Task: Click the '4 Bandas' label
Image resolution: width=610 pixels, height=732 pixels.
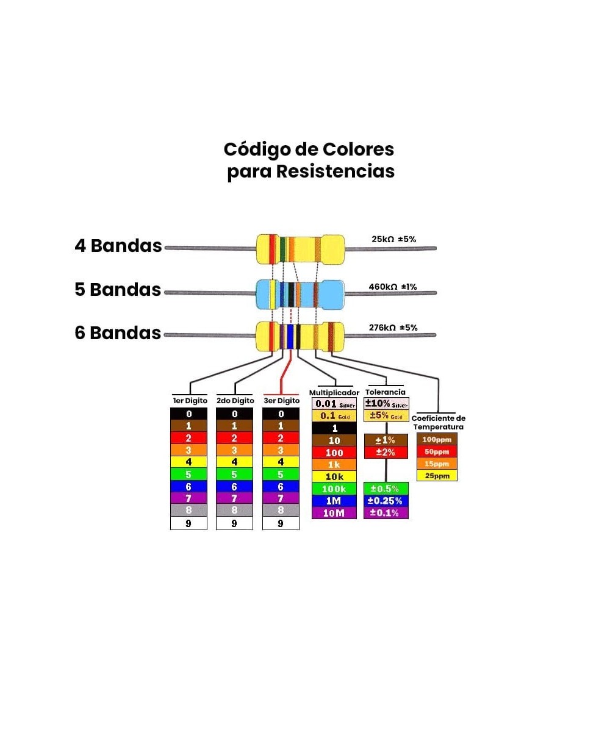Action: click(118, 246)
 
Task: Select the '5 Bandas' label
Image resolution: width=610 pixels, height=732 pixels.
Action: click(118, 290)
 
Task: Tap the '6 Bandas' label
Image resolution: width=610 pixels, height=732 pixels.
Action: click(118, 333)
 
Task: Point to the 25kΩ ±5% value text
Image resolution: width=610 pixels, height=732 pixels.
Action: click(393, 239)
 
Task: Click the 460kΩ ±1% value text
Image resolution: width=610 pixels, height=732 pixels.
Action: click(393, 286)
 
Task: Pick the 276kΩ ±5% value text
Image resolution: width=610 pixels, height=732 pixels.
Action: click(393, 328)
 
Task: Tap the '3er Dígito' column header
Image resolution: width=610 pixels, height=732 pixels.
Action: click(281, 401)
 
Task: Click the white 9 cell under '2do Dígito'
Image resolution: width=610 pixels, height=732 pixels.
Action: click(234, 523)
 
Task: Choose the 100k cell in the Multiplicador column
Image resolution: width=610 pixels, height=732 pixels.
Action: click(335, 489)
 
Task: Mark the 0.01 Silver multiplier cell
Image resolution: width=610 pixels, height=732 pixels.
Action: click(335, 404)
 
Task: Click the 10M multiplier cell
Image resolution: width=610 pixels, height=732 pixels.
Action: click(335, 513)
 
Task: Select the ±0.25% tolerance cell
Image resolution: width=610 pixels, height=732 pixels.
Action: click(386, 501)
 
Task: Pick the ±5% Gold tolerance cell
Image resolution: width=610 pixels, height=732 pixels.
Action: click(386, 416)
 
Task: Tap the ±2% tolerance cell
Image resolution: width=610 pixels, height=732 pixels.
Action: click(386, 452)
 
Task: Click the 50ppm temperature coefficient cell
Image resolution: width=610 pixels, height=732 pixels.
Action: click(437, 451)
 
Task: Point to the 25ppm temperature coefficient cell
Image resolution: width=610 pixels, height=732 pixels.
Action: click(437, 476)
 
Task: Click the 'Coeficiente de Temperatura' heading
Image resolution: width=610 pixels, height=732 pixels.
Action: click(439, 423)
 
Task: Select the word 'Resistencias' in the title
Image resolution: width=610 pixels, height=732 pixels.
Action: click(335, 171)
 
